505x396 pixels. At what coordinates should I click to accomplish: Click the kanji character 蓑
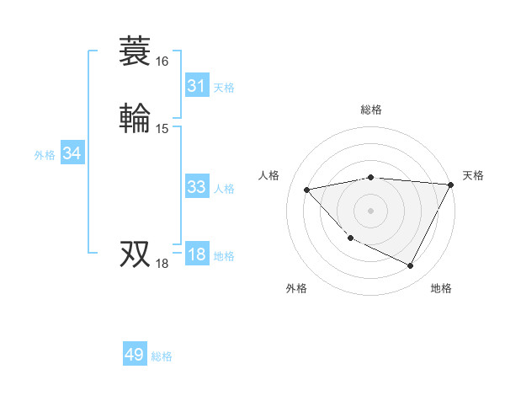coord(136,52)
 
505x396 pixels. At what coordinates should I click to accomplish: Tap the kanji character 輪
coord(136,117)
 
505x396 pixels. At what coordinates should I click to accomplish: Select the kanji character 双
coord(136,253)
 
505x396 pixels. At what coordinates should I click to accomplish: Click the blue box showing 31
coord(196,86)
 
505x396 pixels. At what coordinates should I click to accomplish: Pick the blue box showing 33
coord(196,188)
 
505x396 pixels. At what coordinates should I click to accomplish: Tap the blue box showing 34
coord(72,153)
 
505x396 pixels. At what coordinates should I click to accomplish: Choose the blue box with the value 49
coord(135,355)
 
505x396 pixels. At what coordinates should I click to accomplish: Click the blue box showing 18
coord(196,255)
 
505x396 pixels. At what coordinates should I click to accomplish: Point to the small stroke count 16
coord(162,62)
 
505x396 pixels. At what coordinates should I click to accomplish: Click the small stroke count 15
coord(162,128)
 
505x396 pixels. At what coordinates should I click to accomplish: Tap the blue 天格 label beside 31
coord(224,88)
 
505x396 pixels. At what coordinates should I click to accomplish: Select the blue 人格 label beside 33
coord(224,189)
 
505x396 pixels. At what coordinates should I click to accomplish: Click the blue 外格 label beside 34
coord(45,155)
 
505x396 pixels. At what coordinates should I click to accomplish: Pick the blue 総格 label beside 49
coord(162,356)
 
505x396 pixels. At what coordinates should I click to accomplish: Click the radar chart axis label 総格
coord(370,110)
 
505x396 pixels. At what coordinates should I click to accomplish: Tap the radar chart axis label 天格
coord(473,175)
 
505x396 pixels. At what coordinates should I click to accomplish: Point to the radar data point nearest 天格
coord(450,185)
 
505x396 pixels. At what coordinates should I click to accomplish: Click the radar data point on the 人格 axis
coord(307,190)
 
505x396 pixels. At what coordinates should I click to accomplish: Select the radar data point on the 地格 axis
coord(410,266)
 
